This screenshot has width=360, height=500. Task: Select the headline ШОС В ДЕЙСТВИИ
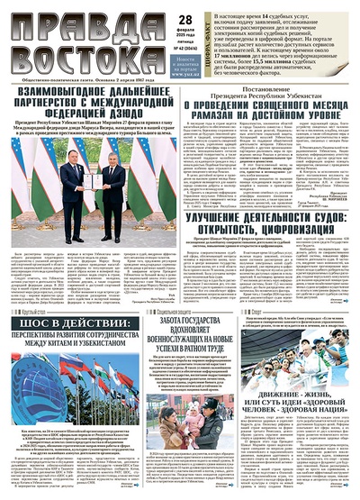72,330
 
